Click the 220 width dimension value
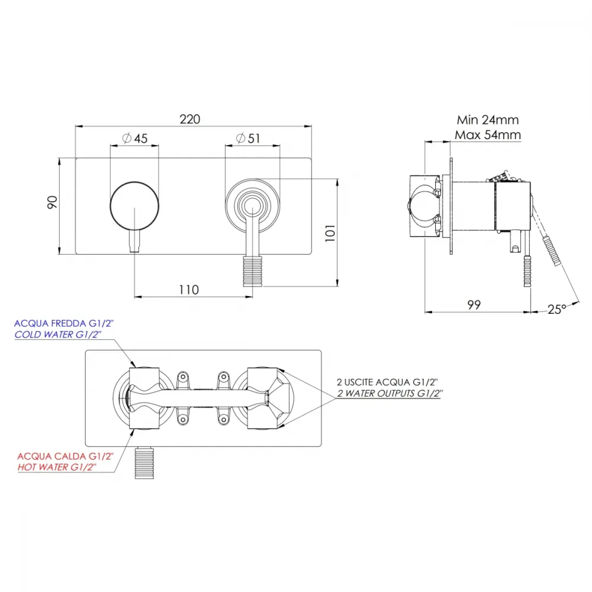coord(189,120)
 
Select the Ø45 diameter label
coord(135,139)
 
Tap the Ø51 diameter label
coord(248,139)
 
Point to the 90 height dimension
coord(53,202)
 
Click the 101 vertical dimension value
coord(330,233)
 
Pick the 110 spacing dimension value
coord(189,290)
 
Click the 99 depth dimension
coord(474,305)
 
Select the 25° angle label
coord(557,310)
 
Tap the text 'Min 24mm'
coord(488,120)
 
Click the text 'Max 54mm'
coord(488,135)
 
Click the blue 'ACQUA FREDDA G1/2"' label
coord(64,324)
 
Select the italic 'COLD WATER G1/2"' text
coord(58,334)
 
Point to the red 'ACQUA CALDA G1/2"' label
coord(65,456)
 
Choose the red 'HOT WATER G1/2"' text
coord(57,468)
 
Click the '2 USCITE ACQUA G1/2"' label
coord(387,382)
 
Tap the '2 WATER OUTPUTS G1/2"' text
coord(390,394)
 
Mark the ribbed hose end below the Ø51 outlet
coord(253,271)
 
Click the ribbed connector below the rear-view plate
coord(144,463)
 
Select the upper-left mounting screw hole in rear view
coord(183,377)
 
